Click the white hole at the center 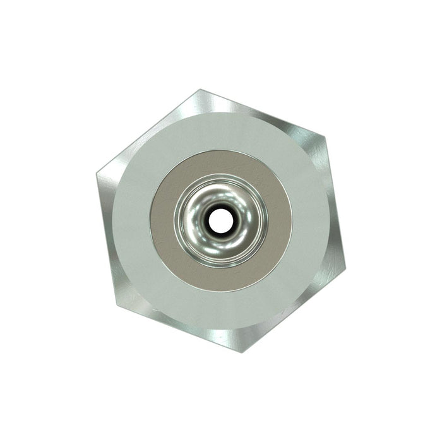tap(220, 220)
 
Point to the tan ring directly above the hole tap(220, 163)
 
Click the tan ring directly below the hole tap(220, 278)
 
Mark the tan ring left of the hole tap(163, 220)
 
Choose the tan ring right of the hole tap(279, 220)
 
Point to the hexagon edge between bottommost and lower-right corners tap(294, 310)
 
